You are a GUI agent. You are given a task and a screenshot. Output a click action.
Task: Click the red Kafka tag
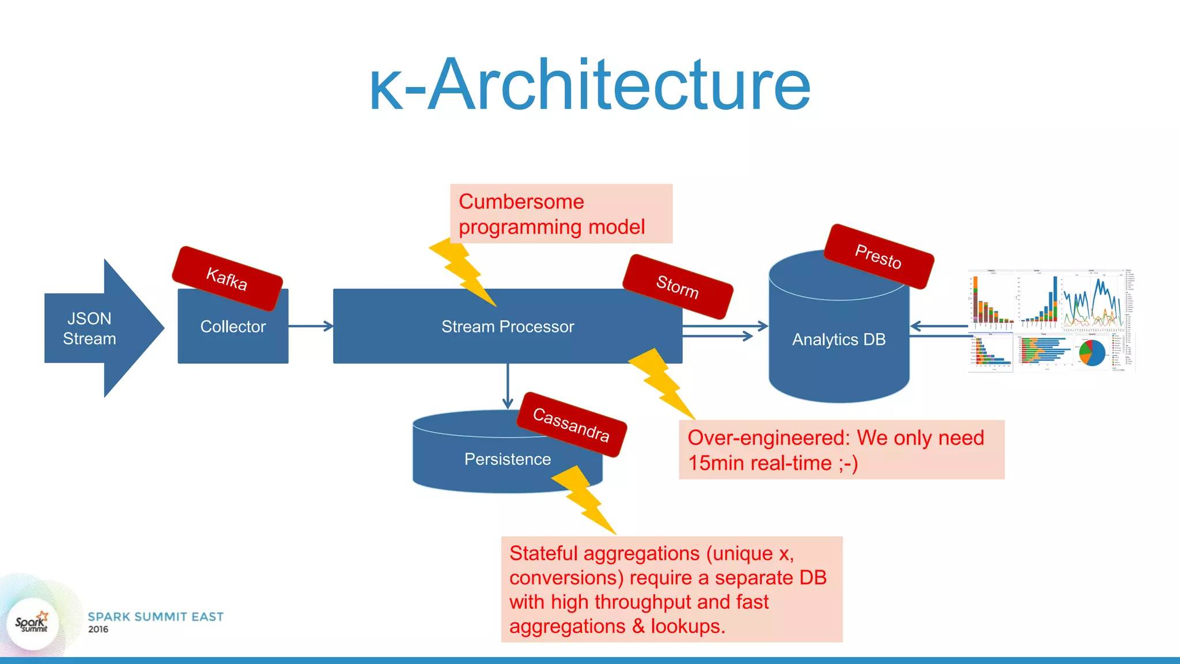pos(227,279)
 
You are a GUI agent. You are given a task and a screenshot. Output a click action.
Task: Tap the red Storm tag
pos(678,286)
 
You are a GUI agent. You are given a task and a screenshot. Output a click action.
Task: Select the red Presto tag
pos(878,256)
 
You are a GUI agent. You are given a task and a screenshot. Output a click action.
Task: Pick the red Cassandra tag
pos(571,424)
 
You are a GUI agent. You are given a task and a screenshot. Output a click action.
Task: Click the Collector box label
pos(233,327)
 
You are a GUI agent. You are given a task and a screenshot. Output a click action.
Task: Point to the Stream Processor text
pos(507,327)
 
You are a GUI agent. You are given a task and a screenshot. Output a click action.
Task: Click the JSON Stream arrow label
pos(89,329)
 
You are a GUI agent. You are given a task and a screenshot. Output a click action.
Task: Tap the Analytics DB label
pos(838,339)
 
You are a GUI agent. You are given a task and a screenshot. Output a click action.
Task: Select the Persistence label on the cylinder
pos(507,459)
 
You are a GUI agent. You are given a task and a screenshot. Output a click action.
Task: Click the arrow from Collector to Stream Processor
pos(311,326)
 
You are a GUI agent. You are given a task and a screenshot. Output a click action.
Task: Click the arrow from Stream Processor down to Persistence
pos(508,386)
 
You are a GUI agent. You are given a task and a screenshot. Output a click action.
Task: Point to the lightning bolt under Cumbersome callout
pos(462,271)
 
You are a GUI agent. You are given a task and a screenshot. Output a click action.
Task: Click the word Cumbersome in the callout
pos(521,202)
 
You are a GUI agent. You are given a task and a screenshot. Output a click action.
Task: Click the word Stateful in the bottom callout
pos(543,553)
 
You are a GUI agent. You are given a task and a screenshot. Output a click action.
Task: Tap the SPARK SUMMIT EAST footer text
pos(156,617)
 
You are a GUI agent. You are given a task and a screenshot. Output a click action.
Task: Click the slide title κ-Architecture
pos(590,85)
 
